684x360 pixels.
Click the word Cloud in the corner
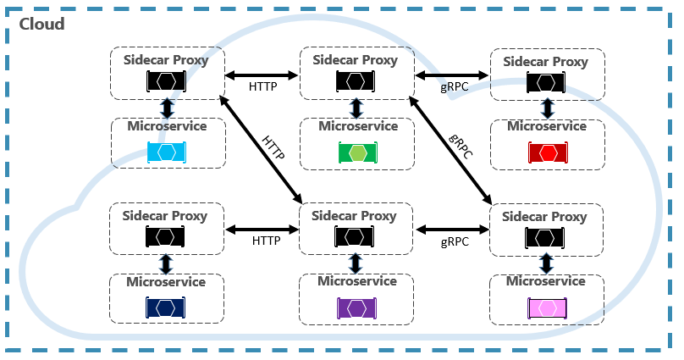tap(41, 24)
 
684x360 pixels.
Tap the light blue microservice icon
tap(166, 152)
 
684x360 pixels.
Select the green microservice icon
tap(357, 152)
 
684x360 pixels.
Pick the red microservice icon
tap(547, 152)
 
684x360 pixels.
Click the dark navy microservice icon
tap(166, 307)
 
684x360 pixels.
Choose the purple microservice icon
tap(356, 307)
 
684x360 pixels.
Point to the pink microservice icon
tap(547, 307)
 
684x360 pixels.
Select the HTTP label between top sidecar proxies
tap(263, 87)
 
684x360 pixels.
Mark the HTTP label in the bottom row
tap(266, 241)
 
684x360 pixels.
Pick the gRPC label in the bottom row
tap(455, 241)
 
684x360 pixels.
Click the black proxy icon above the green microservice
tap(356, 80)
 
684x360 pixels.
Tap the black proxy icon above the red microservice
tap(547, 82)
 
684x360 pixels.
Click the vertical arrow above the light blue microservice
tap(167, 108)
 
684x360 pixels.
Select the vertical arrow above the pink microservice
tap(547, 262)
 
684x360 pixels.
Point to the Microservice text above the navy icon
tap(166, 281)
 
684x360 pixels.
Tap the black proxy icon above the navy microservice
tap(166, 236)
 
